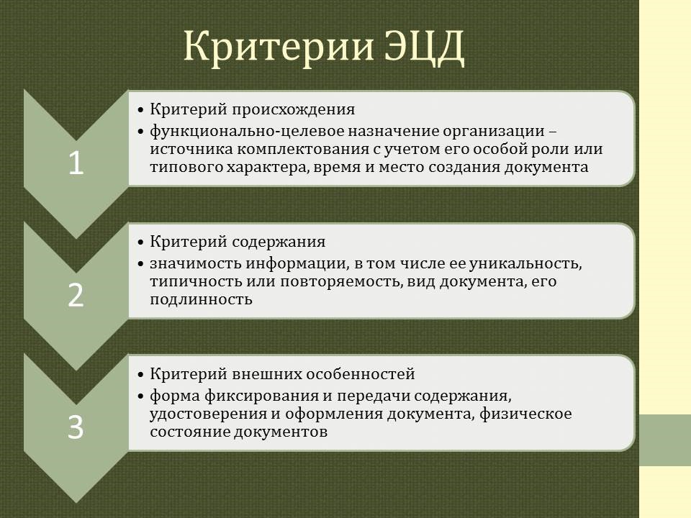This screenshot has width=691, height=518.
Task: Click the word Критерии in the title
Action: click(x=279, y=47)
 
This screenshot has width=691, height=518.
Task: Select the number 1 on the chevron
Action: click(x=76, y=163)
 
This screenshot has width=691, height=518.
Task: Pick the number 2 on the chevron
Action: click(x=76, y=295)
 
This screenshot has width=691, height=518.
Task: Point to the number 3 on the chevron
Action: click(x=76, y=427)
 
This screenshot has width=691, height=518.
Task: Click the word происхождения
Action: click(x=294, y=109)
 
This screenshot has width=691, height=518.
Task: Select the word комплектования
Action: click(x=304, y=150)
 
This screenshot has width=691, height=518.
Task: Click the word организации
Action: click(x=494, y=132)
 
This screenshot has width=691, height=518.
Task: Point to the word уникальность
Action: click(x=525, y=263)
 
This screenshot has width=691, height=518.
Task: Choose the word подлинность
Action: click(x=201, y=299)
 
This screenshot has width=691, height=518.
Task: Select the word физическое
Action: click(x=525, y=414)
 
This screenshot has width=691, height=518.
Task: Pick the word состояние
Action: click(x=189, y=432)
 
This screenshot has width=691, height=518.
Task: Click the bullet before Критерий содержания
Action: click(x=140, y=242)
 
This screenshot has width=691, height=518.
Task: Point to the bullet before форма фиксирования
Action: click(x=140, y=396)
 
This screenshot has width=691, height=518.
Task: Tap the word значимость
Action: click(x=196, y=263)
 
